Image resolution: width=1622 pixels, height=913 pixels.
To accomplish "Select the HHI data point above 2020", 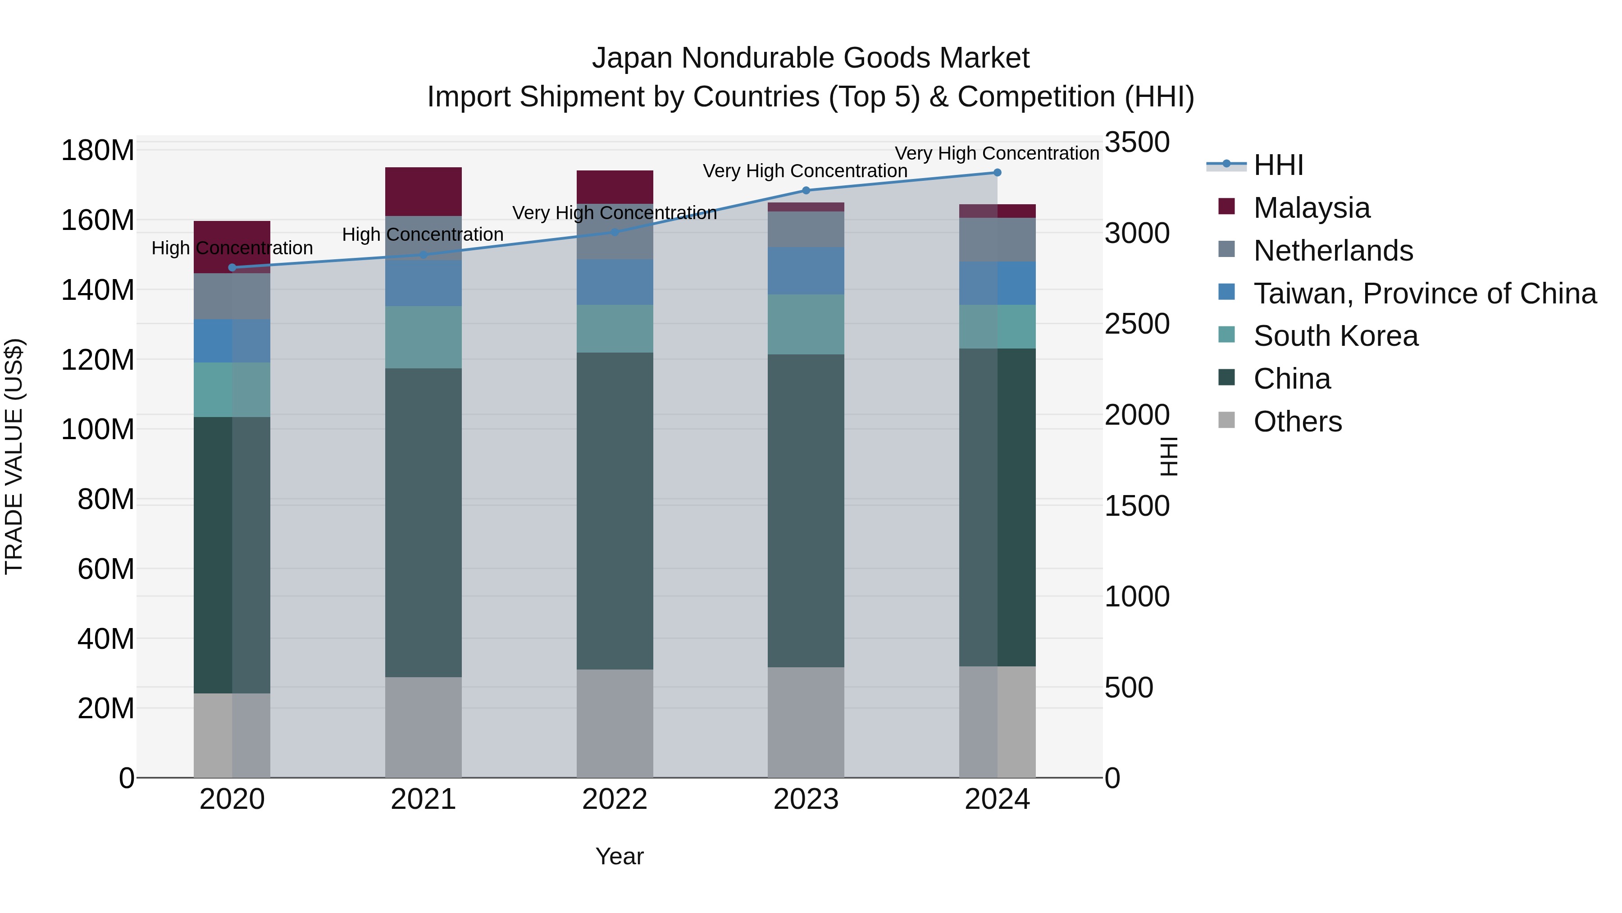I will coord(232,268).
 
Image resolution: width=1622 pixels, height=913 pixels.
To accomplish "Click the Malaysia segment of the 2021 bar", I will coord(423,192).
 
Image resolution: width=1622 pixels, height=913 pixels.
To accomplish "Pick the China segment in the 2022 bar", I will coord(615,510).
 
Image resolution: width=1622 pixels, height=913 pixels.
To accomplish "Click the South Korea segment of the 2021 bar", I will coord(423,337).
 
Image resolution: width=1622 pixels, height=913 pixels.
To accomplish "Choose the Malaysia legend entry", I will coord(1311,208).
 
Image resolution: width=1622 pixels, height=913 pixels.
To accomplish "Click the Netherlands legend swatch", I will coord(1226,249).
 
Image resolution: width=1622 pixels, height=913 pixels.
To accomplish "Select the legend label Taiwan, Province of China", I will coord(1424,294).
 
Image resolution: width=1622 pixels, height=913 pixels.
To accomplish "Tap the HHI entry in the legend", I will coord(1278,165).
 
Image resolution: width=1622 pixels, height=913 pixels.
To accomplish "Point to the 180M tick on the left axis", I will coord(98,151).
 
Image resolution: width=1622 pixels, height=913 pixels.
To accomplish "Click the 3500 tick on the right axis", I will coord(1137,142).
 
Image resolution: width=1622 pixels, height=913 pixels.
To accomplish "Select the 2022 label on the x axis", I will coord(615,799).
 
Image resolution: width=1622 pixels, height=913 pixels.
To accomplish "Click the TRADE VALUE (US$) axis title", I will coord(14,456).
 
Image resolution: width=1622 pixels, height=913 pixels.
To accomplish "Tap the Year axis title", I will coord(619,856).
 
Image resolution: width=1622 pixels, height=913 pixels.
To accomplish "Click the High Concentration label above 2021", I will coord(423,234).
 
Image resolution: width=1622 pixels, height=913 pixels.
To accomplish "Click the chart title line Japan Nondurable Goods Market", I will coord(811,58).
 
